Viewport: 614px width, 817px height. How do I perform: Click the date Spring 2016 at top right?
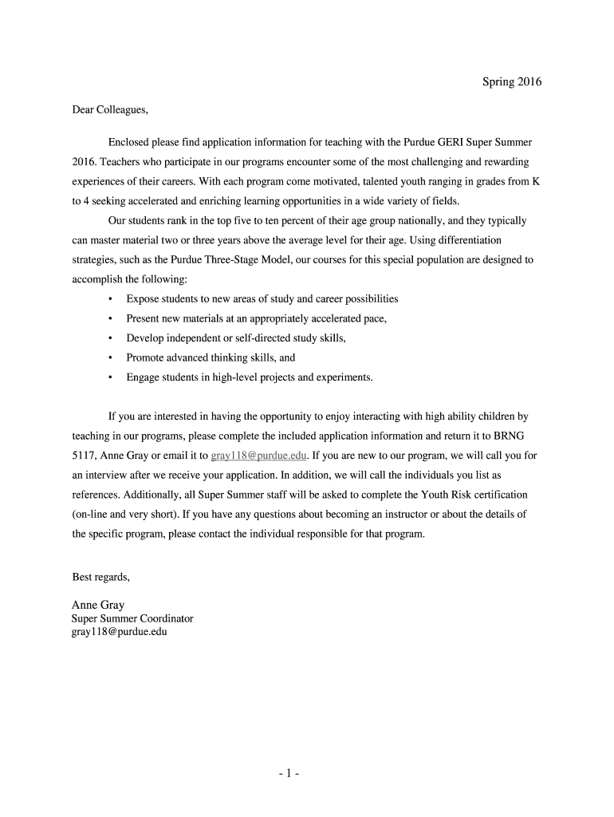(x=511, y=81)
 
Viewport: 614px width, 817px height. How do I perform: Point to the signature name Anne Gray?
(x=98, y=605)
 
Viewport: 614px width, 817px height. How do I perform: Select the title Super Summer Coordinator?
(x=132, y=618)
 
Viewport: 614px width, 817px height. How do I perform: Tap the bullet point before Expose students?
(x=109, y=299)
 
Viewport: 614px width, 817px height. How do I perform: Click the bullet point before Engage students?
(x=109, y=377)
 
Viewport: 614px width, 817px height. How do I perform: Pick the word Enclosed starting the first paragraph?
(x=130, y=142)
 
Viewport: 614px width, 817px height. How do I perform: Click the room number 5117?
(x=85, y=456)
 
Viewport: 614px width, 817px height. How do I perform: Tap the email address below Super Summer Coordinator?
(x=120, y=632)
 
